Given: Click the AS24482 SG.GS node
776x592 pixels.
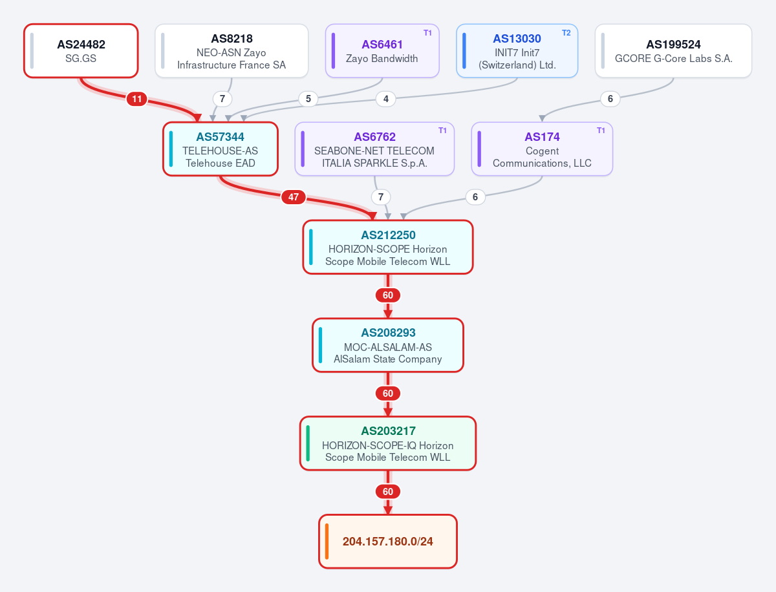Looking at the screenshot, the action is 81,51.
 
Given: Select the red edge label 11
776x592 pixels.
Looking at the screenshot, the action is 137,99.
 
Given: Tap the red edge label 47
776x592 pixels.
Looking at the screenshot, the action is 294,197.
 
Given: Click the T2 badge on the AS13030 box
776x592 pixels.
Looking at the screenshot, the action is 566,33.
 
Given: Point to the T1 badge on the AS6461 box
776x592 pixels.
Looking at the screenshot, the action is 428,33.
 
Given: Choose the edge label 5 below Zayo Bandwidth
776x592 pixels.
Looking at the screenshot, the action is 308,99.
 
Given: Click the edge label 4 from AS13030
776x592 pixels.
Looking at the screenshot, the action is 385,99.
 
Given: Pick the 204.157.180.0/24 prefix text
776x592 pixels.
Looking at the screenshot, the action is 388,542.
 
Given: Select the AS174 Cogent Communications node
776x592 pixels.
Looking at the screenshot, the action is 542,149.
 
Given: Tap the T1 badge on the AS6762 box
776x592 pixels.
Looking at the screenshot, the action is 442,131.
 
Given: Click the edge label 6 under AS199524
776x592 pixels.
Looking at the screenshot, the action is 610,99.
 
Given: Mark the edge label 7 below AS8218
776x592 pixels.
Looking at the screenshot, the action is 222,99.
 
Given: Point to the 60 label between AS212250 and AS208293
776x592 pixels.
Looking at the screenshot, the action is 388,295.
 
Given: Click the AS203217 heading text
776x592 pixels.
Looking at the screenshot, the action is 388,431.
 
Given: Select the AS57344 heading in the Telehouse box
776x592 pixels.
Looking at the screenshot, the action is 221,137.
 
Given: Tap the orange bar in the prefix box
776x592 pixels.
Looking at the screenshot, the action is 327,542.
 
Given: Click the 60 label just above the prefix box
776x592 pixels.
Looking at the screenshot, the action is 388,492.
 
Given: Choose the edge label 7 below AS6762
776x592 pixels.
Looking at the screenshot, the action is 381,197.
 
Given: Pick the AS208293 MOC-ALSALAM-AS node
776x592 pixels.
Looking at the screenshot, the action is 388,345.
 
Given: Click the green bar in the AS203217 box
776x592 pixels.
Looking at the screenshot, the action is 308,443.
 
